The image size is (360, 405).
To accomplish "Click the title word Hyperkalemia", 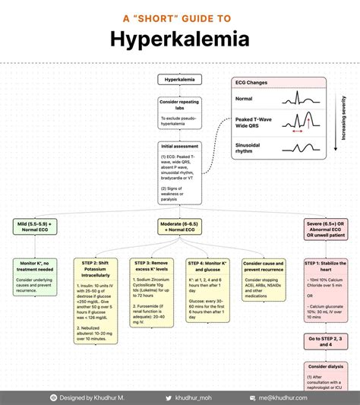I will [x=180, y=39].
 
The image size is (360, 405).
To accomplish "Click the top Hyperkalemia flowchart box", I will [x=180, y=79].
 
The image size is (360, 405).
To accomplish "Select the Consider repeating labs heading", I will [x=180, y=104].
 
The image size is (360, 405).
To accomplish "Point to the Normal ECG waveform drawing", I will [x=297, y=98].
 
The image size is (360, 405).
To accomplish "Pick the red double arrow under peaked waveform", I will [x=297, y=131].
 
